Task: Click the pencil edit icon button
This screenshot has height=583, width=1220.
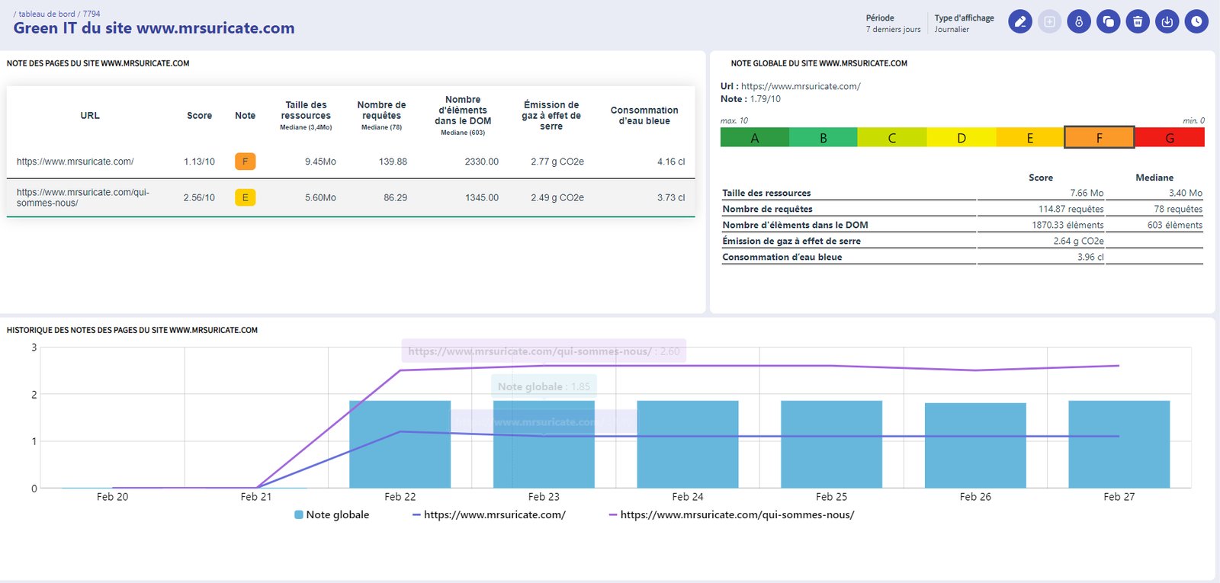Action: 1020,22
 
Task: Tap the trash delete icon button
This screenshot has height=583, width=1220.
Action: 1138,22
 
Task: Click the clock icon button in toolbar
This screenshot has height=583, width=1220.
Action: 1196,22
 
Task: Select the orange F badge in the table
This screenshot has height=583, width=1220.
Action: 245,162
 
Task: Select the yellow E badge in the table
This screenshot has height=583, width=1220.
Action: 245,197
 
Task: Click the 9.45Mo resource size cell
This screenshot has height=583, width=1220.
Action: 320,162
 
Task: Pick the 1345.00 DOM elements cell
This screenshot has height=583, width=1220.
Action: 481,197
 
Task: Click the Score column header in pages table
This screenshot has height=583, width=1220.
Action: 199,116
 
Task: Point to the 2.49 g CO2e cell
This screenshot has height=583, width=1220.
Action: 557,197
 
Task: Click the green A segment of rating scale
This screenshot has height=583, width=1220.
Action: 754,138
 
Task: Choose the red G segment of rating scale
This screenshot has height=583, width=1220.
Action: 1170,138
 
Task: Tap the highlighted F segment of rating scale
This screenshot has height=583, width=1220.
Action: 1099,138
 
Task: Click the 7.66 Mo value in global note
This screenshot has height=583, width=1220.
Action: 1086,193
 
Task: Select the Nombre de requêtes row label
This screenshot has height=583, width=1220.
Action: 767,209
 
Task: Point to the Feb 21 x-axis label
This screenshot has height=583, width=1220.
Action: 255,497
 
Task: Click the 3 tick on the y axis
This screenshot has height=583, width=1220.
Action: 34,348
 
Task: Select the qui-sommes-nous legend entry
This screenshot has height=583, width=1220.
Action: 731,515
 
